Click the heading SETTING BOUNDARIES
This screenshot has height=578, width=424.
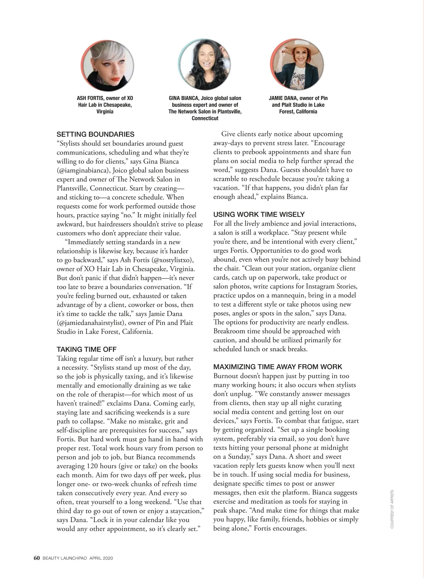click(95, 134)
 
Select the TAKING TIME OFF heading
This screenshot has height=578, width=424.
click(87, 349)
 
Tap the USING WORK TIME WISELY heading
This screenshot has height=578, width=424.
click(259, 215)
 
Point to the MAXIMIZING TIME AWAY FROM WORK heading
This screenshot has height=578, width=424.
click(278, 367)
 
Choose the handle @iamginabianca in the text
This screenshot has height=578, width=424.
click(82, 170)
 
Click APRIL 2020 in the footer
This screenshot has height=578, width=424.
click(101, 558)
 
